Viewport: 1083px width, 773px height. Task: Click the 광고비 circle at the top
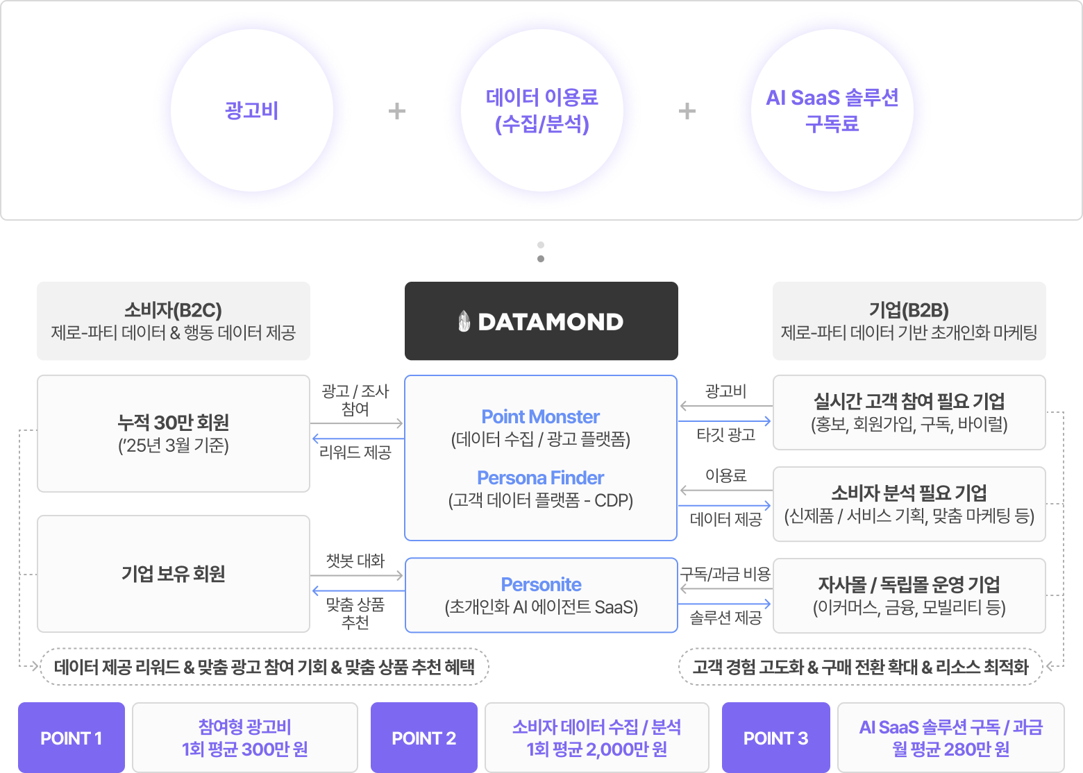pyautogui.click(x=251, y=110)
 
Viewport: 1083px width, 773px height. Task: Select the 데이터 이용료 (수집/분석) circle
pyautogui.click(x=541, y=110)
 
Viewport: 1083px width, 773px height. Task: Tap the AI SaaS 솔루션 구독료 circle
pyautogui.click(x=832, y=110)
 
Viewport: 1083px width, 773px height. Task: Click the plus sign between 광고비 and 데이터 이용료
pyautogui.click(x=396, y=111)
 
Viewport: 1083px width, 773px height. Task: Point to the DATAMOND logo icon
pyautogui.click(x=464, y=321)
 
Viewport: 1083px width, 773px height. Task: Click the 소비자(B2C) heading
pyautogui.click(x=173, y=309)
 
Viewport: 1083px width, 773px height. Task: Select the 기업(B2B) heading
pyautogui.click(x=909, y=309)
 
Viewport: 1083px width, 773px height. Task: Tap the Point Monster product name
pyautogui.click(x=540, y=416)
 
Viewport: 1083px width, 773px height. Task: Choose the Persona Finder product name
pyautogui.click(x=540, y=477)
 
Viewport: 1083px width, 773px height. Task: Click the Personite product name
pyautogui.click(x=541, y=584)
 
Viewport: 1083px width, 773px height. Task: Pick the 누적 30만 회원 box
pyautogui.click(x=174, y=433)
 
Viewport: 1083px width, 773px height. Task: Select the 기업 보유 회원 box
pyautogui.click(x=174, y=574)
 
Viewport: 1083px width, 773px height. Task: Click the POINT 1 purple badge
pyautogui.click(x=72, y=738)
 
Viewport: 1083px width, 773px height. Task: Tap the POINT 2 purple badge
pyautogui.click(x=423, y=738)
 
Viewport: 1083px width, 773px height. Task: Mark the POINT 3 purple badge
pyautogui.click(x=775, y=738)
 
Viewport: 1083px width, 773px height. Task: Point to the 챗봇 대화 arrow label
pyautogui.click(x=355, y=561)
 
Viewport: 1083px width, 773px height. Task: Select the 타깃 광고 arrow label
pyautogui.click(x=725, y=435)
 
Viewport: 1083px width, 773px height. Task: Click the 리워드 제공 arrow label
pyautogui.click(x=355, y=452)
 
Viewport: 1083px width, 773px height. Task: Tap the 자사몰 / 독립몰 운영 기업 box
pyautogui.click(x=909, y=595)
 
